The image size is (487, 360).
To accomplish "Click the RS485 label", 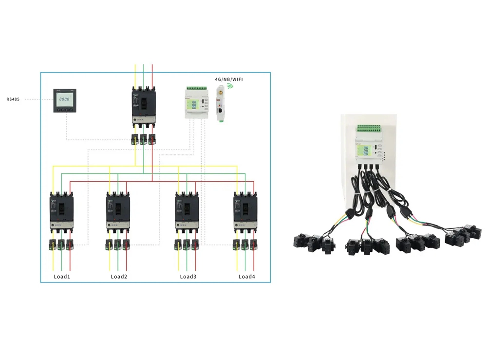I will pyautogui.click(x=13, y=99).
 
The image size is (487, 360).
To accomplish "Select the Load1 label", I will pyautogui.click(x=62, y=277).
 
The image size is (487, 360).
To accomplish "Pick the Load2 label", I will pyautogui.click(x=119, y=277).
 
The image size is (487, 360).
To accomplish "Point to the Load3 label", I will pyautogui.click(x=188, y=277).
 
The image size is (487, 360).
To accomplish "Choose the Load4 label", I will pyautogui.click(x=246, y=277).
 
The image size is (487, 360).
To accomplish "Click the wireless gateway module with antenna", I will pyautogui.click(x=220, y=104).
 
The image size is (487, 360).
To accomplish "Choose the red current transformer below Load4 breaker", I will pyautogui.click(x=254, y=245).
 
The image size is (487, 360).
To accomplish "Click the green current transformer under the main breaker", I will pyautogui.click(x=144, y=139).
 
